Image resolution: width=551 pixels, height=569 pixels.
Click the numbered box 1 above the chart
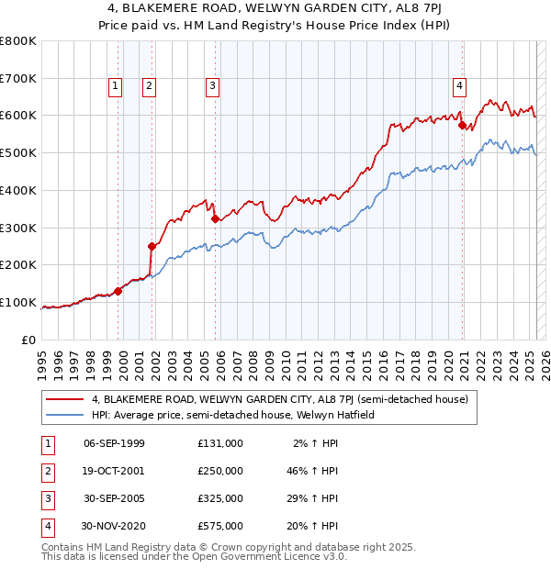pyautogui.click(x=116, y=87)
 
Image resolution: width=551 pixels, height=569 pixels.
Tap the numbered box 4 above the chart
pyautogui.click(x=458, y=87)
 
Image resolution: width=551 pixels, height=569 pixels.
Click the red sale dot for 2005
pyautogui.click(x=215, y=218)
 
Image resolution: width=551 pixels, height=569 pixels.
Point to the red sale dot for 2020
pyautogui.click(x=463, y=125)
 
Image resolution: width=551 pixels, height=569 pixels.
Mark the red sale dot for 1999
pyautogui.click(x=118, y=291)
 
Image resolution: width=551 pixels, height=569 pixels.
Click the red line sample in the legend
pyautogui.click(x=64, y=399)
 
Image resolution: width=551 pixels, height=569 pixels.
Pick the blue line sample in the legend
pyautogui.click(x=64, y=415)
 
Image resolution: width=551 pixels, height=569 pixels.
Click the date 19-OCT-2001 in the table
pyautogui.click(x=114, y=471)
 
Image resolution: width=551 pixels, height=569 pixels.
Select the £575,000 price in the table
pyautogui.click(x=220, y=527)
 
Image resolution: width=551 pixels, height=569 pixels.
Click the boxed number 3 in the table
pyautogui.click(x=46, y=499)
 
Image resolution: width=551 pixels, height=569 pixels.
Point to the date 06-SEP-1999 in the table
pyautogui.click(x=114, y=443)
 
